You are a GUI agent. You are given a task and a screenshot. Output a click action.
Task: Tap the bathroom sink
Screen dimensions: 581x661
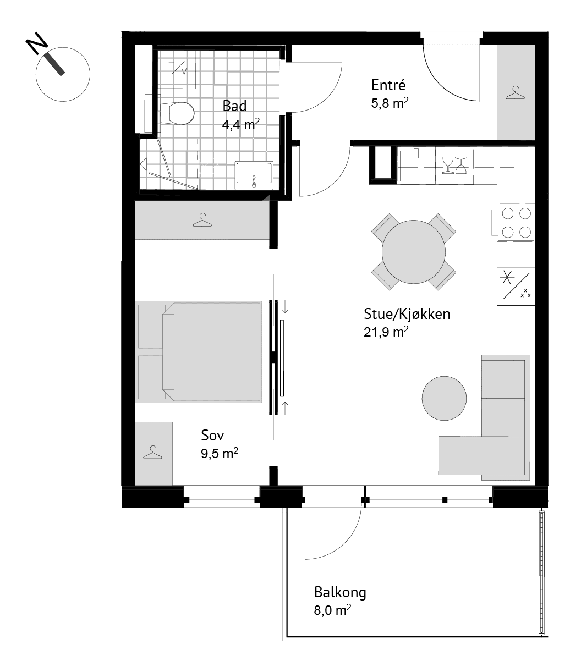coord(254,175)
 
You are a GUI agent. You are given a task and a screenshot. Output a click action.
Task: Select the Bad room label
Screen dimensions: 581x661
coord(234,106)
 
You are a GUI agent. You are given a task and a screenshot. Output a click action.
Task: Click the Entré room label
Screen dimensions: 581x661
coord(388,85)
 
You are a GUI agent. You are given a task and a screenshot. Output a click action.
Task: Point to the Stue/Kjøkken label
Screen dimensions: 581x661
coord(407,314)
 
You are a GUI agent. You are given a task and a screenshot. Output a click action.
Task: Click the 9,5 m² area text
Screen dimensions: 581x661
coord(220,453)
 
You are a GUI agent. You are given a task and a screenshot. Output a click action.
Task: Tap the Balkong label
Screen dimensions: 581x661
coord(340,592)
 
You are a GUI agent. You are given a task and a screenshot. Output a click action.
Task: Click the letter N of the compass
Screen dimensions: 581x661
coord(37,43)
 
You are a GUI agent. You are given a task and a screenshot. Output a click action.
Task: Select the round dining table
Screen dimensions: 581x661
coord(414,252)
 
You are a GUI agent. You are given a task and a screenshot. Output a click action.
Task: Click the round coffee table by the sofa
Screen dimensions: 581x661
coord(444,398)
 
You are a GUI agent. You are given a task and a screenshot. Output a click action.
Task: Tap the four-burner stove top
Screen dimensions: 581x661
coord(516,223)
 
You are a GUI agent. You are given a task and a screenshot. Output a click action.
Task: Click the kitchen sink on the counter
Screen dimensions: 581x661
coord(416,165)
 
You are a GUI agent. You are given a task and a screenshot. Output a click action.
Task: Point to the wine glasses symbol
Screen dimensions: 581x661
coord(454,165)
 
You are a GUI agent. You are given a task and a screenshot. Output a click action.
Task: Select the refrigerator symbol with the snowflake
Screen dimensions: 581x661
coord(516,286)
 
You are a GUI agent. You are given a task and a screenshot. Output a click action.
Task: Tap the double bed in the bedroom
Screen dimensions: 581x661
coord(199,352)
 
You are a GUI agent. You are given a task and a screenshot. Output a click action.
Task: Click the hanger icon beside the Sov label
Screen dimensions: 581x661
coord(152,452)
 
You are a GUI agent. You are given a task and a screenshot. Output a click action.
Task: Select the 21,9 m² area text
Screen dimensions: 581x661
coord(386,332)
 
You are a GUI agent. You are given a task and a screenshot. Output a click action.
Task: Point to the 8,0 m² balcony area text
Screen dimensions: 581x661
coord(332,610)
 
